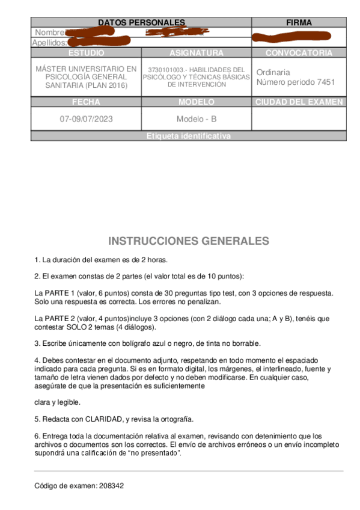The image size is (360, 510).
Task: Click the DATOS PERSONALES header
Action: point(141,22)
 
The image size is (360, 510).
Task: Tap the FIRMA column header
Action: point(299,22)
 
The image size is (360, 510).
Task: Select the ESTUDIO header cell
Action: point(86,53)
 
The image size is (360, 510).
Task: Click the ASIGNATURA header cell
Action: point(197,53)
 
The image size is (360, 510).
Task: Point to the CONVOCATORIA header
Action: point(299,53)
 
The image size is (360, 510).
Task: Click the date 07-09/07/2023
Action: point(86,118)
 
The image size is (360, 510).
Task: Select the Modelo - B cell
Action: point(197,118)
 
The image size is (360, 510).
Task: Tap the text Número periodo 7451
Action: point(296,82)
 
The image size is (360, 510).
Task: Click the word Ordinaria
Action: point(273,72)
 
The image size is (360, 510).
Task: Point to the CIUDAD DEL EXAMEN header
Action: point(299,102)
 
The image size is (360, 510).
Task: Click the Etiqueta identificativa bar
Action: point(188,137)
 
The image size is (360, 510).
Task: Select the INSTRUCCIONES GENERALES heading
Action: point(189,241)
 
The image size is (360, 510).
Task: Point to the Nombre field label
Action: point(49,32)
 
